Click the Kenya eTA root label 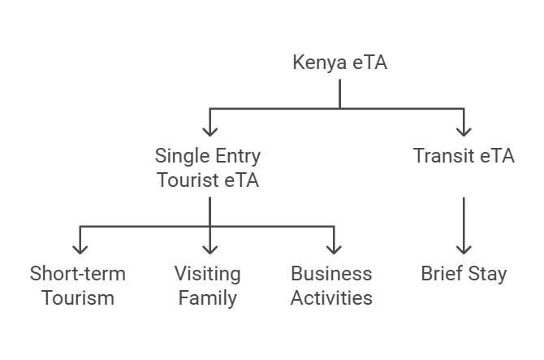pyautogui.click(x=339, y=63)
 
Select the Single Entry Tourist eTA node pyautogui.click(x=208, y=167)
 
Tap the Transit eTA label pyautogui.click(x=464, y=155)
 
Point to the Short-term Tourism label pyautogui.click(x=78, y=285)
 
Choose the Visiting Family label pyautogui.click(x=208, y=285)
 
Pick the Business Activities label pyautogui.click(x=331, y=285)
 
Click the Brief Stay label pyautogui.click(x=464, y=273)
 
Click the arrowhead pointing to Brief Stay pyautogui.click(x=464, y=248)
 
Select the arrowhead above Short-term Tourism pyautogui.click(x=80, y=248)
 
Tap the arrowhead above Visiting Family pyautogui.click(x=209, y=248)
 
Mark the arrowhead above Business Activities pyautogui.click(x=334, y=248)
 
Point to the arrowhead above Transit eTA pyautogui.click(x=464, y=130)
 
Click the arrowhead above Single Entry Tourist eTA pyautogui.click(x=209, y=130)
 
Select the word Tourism pyautogui.click(x=78, y=297)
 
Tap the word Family pyautogui.click(x=208, y=297)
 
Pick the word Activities pyautogui.click(x=331, y=297)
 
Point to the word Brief pyautogui.click(x=441, y=273)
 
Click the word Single pyautogui.click(x=179, y=155)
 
